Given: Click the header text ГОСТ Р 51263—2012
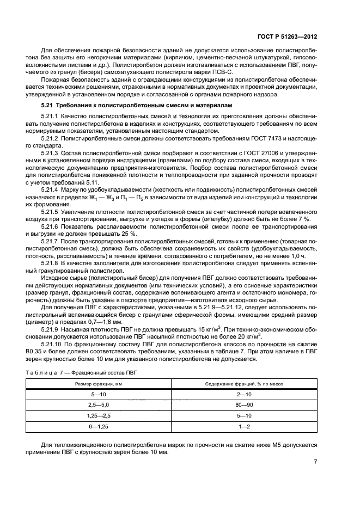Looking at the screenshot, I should [288, 37].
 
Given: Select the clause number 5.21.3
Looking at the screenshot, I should [51, 154].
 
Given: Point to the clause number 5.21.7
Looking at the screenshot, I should [51, 224].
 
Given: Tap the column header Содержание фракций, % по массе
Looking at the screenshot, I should [243, 384].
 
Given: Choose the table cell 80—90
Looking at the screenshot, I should [243, 405].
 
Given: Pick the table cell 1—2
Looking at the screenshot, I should [243, 427].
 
